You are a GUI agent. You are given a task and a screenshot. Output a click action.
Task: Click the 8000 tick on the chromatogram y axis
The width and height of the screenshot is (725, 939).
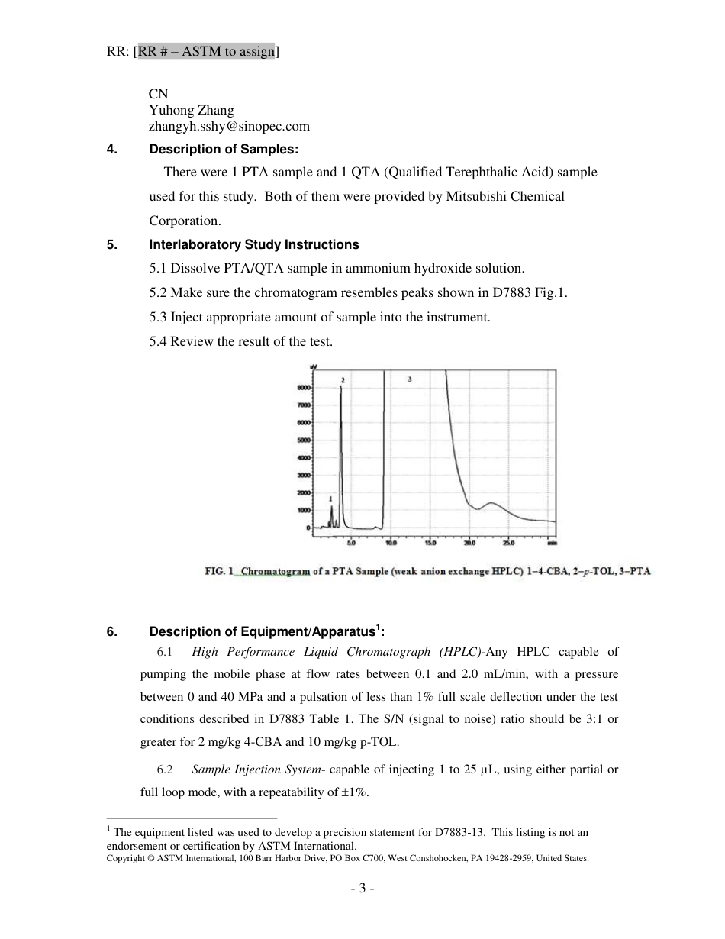(x=303, y=387)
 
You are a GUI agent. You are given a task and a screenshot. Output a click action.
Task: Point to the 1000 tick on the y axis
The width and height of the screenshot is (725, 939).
(x=303, y=510)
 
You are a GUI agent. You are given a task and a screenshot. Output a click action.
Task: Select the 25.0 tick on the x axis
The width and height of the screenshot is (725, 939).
(x=509, y=544)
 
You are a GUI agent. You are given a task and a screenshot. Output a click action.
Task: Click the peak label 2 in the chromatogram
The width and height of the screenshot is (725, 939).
(x=343, y=379)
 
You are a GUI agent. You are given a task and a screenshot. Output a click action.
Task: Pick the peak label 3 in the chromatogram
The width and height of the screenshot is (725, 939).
(x=410, y=379)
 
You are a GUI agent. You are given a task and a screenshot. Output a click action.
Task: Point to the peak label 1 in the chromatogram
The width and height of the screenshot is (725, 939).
(x=330, y=499)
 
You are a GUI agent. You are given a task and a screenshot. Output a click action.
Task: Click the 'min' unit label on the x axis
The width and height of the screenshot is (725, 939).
(x=551, y=544)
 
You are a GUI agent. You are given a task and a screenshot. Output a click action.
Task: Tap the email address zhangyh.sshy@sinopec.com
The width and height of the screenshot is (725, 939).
(x=229, y=127)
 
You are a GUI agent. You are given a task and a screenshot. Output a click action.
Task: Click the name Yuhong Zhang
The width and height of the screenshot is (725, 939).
(x=191, y=110)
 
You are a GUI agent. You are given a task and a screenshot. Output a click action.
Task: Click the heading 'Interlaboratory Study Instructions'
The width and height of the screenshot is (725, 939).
(x=253, y=245)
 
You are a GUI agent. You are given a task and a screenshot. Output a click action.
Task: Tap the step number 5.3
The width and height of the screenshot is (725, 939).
(x=158, y=317)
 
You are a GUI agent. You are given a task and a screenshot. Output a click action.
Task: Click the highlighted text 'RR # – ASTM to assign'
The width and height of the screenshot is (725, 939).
(x=206, y=52)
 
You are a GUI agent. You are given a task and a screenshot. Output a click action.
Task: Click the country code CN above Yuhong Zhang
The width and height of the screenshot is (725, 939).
(x=158, y=93)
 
